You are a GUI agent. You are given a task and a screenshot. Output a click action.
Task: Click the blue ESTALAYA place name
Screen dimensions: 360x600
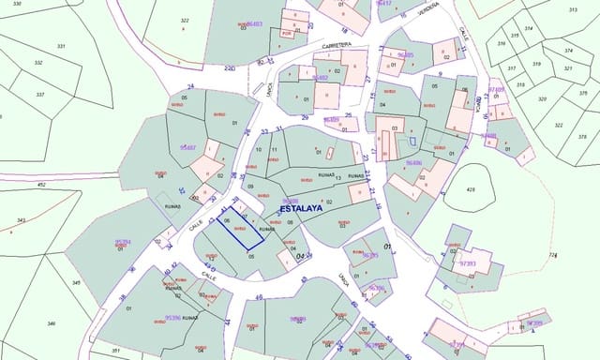(x=294, y=209)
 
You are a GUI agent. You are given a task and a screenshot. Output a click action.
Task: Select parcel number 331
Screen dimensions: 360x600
(x=62, y=46)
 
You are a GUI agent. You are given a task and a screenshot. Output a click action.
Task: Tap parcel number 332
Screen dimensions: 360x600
(x=38, y=63)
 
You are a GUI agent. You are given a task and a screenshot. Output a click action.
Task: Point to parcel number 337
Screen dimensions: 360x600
(x=40, y=95)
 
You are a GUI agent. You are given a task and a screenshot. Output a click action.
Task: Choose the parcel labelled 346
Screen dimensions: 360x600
(x=52, y=323)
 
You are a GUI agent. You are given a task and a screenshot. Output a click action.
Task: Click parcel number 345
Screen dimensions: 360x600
(x=76, y=281)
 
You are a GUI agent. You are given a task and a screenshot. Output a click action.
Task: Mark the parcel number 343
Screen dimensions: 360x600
(x=22, y=221)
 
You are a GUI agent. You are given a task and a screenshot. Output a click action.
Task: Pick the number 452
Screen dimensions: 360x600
(x=41, y=185)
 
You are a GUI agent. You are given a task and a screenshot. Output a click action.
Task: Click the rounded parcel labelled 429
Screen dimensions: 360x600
(x=471, y=190)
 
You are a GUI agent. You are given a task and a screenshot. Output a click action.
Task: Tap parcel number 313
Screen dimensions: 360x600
(x=570, y=8)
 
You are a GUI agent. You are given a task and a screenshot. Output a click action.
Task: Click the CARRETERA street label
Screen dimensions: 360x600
(x=336, y=44)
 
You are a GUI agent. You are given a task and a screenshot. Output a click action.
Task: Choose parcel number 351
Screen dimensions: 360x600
(x=115, y=351)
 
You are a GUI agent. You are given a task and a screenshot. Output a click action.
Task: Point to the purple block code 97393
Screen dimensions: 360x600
(x=468, y=264)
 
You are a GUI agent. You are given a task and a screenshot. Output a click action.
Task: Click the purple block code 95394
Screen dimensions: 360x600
(x=123, y=242)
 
